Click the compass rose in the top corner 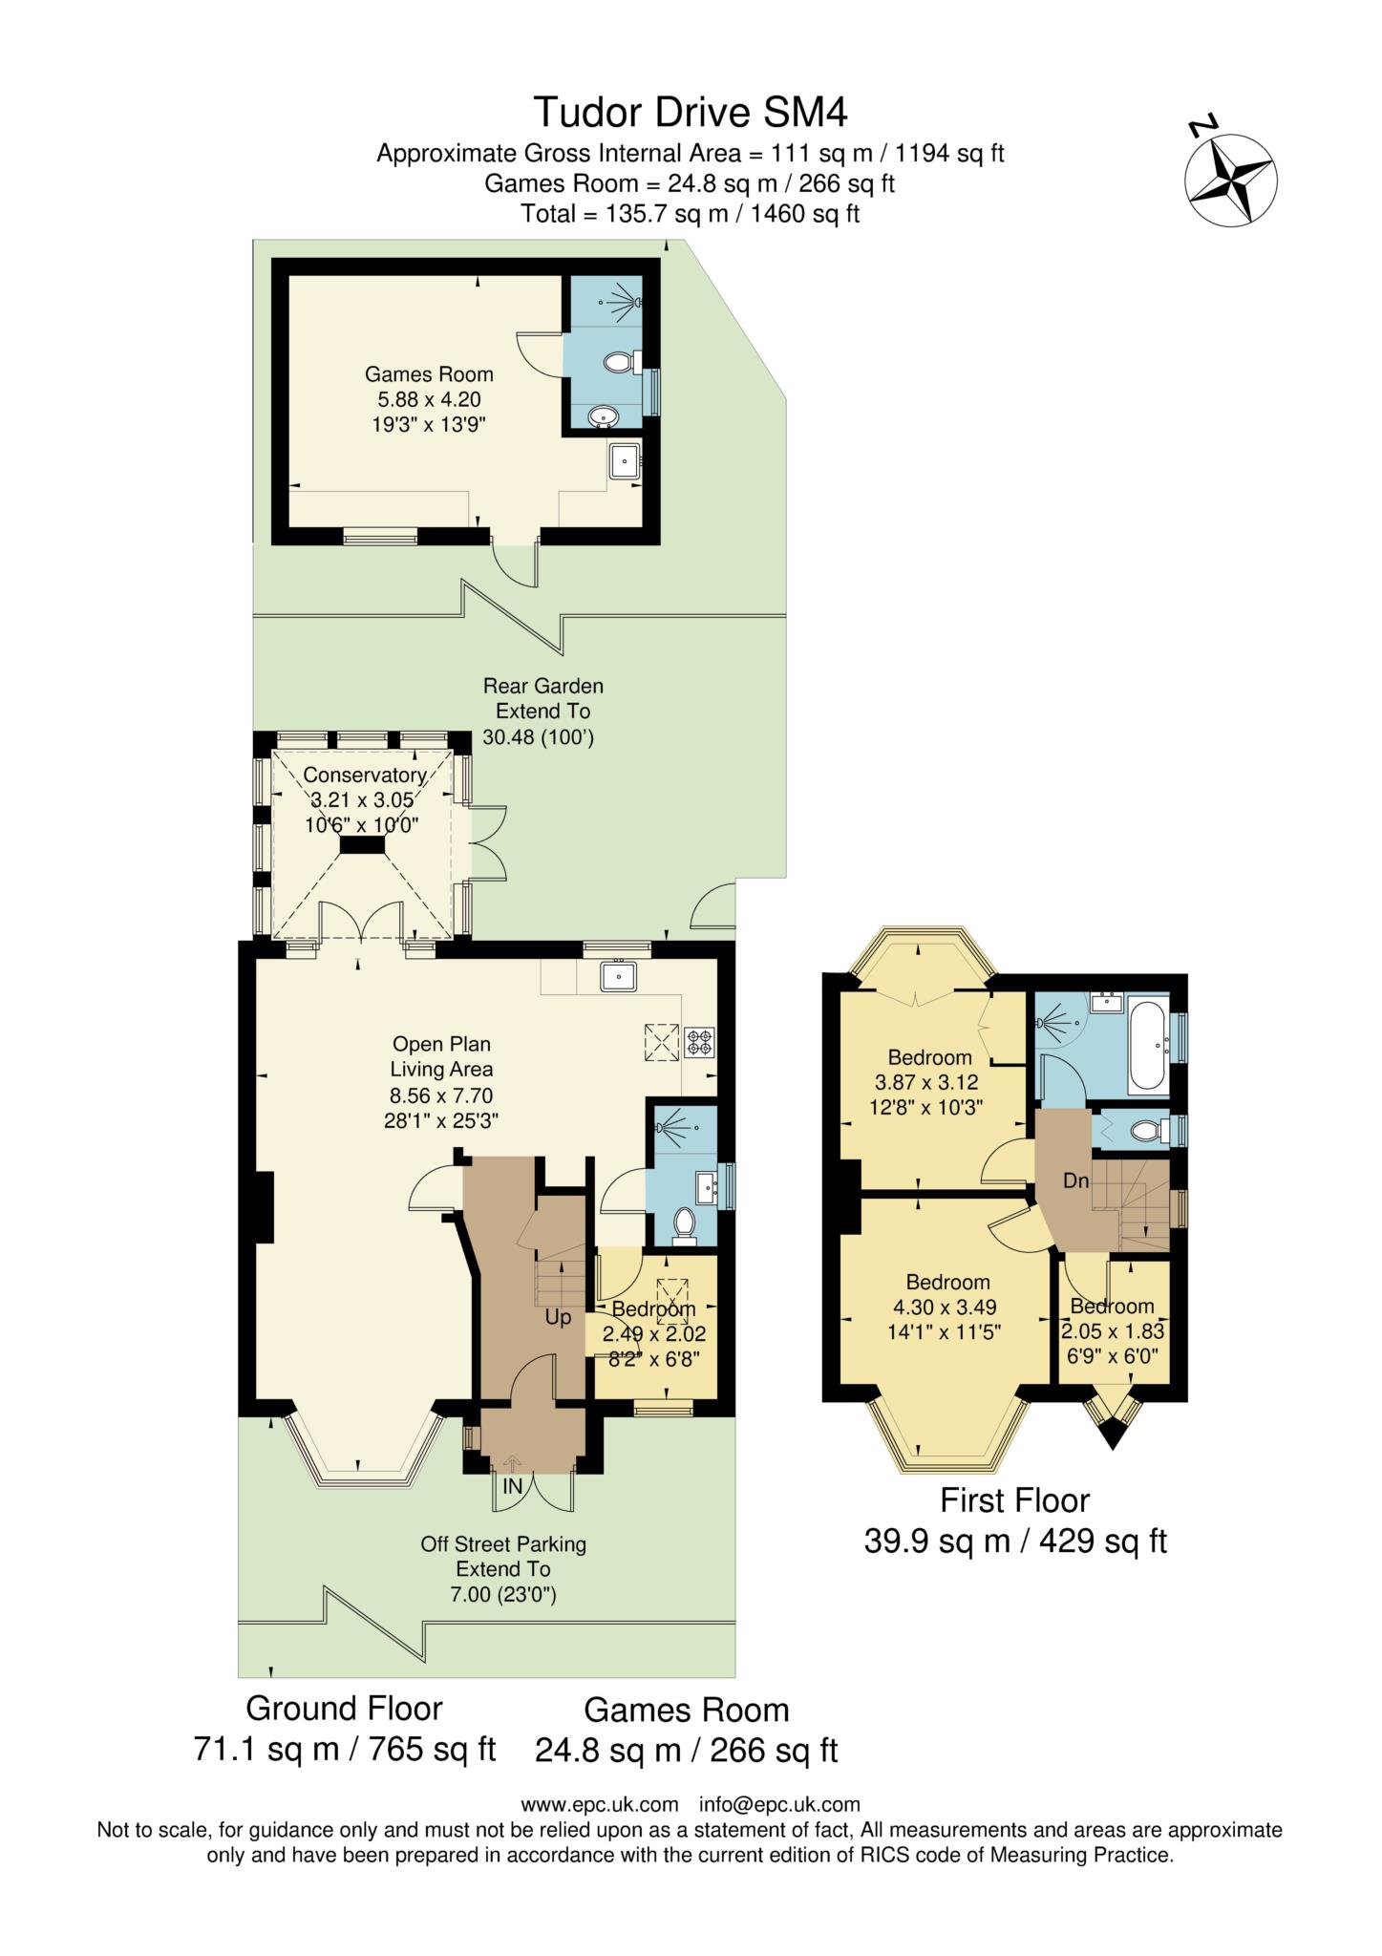1230,180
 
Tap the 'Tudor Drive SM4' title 691,112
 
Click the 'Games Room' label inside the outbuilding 429,374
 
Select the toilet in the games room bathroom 621,363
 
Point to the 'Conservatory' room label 364,775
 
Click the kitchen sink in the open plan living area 620,976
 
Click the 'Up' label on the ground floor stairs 558,1317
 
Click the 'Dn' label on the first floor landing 1076,1180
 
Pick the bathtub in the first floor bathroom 1146,1046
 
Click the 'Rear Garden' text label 543,686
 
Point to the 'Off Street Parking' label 503,1543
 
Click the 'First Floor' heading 1014,1500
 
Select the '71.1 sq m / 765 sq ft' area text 345,1749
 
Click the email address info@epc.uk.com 779,1804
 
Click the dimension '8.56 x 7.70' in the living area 441,1095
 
